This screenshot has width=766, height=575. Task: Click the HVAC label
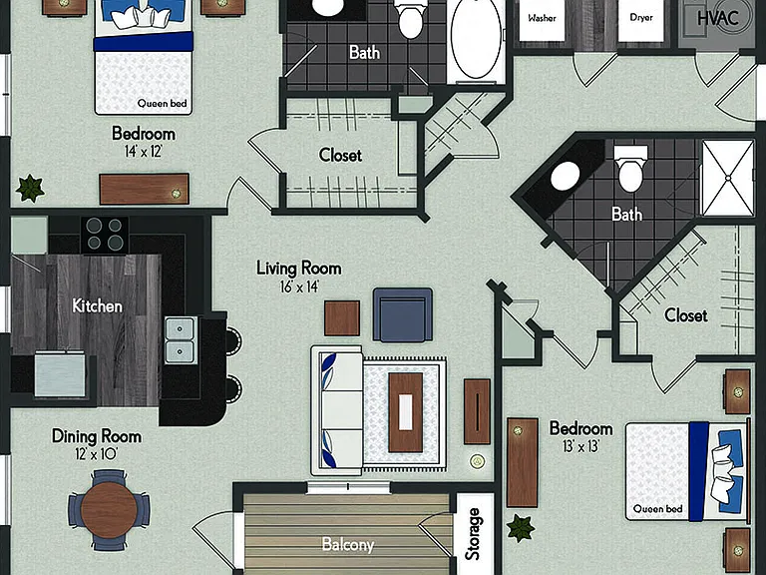point(718,19)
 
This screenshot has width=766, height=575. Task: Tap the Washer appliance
point(542,21)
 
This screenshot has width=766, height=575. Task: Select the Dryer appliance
point(641,21)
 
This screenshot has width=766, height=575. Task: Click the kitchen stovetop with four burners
point(105,235)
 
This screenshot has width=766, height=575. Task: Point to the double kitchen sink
point(181,340)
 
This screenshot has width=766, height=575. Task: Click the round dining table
point(109,510)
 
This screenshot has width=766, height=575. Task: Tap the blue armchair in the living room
point(403,314)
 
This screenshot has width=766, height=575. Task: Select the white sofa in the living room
point(337,410)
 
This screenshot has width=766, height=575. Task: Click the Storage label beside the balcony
point(473,534)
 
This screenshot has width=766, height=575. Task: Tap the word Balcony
point(348,544)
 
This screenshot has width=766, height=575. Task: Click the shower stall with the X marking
point(728,178)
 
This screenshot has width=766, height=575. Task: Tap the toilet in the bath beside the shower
point(630,169)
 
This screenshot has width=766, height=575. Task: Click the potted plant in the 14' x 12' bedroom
point(30,188)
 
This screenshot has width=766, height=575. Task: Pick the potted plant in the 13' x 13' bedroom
point(521,528)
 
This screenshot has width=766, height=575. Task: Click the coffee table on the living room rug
point(406,412)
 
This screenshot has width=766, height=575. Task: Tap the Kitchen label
point(97,306)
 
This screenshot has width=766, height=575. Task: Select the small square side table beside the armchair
point(342,318)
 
